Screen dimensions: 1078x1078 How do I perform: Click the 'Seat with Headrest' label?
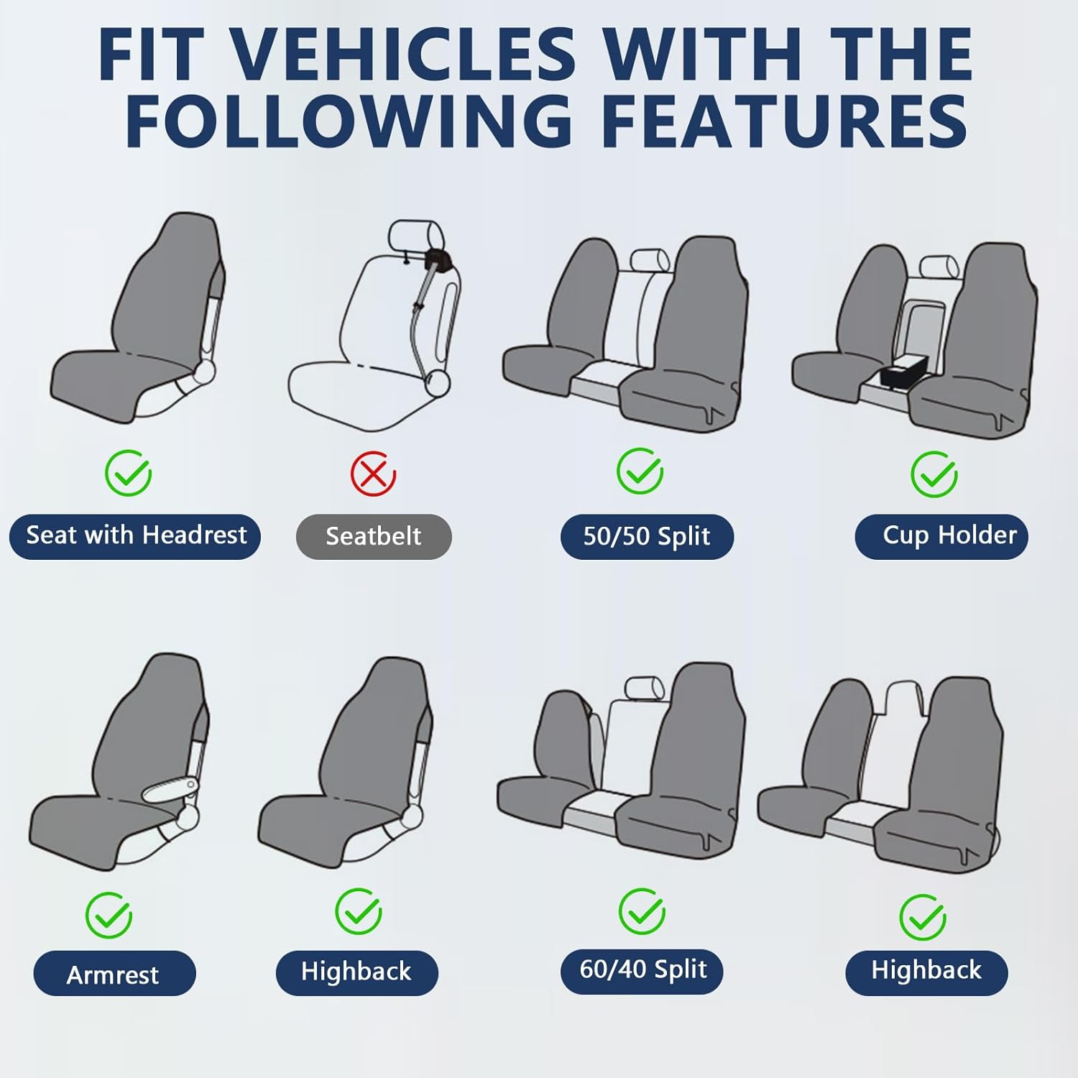(x=135, y=536)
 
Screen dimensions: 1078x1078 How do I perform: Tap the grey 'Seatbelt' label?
(x=374, y=537)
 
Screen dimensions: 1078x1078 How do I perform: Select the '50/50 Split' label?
(x=647, y=537)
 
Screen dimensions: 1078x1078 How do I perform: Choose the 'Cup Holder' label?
(x=941, y=536)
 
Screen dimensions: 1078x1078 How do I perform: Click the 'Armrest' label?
(x=114, y=974)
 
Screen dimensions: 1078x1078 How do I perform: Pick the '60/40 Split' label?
(x=642, y=970)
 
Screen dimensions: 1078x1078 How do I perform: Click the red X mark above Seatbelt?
(x=373, y=474)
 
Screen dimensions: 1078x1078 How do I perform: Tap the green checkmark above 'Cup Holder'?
(x=934, y=474)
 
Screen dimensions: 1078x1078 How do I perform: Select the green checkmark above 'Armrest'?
(x=109, y=915)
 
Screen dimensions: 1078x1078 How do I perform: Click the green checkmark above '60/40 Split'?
(x=642, y=911)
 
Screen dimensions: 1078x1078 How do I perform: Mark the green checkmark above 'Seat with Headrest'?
(x=128, y=473)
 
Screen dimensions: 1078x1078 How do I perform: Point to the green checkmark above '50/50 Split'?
(x=640, y=471)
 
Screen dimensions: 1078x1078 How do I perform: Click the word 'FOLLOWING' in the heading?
(x=349, y=120)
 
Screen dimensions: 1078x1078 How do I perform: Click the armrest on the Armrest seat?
(x=170, y=788)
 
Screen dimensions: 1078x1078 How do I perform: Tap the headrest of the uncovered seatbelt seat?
(x=414, y=236)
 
